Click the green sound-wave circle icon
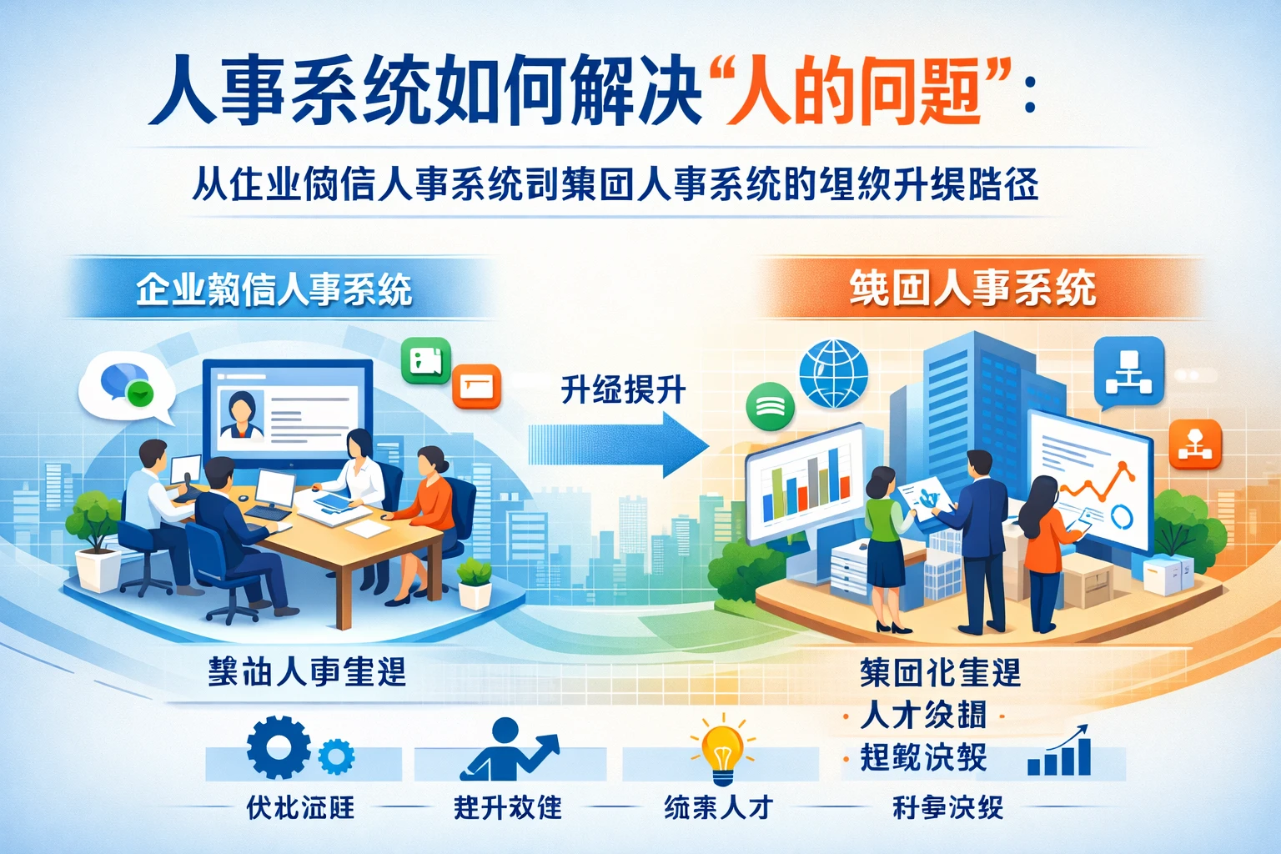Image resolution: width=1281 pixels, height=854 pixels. (770, 406)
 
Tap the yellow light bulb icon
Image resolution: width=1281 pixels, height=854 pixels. (722, 748)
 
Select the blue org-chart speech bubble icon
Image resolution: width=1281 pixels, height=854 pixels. (1128, 372)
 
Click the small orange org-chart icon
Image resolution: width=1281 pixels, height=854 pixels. (1194, 445)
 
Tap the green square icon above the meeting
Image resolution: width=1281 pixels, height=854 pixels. (425, 361)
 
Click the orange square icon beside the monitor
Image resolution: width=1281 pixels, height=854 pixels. (477, 387)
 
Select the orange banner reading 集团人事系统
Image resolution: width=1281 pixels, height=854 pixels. (972, 289)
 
